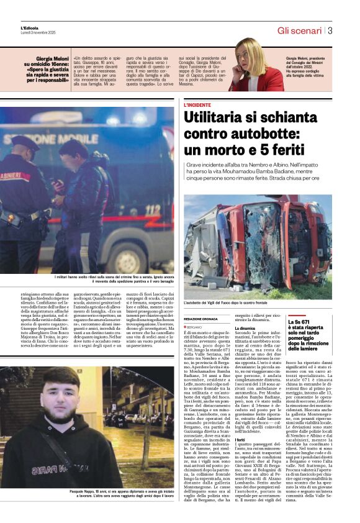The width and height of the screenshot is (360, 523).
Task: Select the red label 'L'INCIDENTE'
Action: (197, 105)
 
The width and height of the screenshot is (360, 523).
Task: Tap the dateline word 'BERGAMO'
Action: (195, 326)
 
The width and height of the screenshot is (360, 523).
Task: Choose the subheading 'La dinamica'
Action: (246, 328)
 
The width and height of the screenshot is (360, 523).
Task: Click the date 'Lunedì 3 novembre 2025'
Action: (39, 33)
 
